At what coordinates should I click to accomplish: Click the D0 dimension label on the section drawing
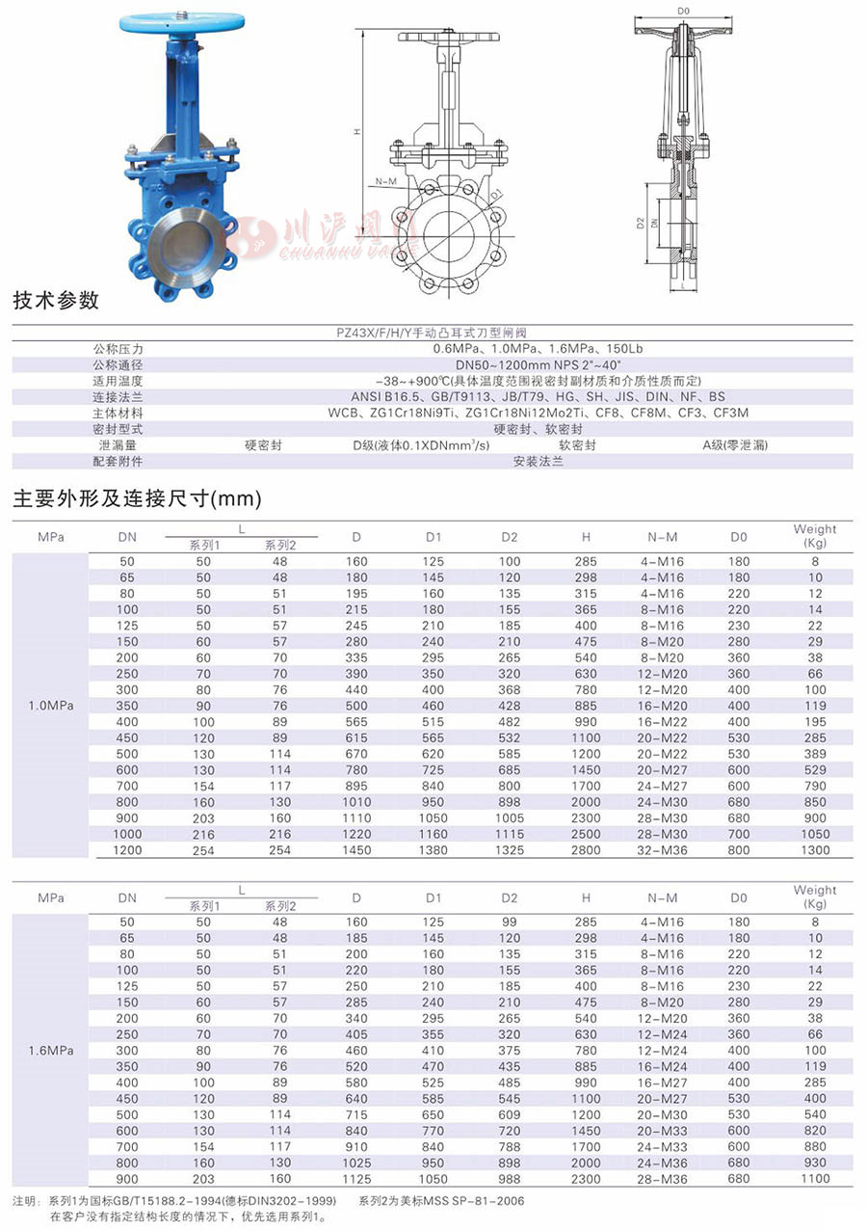click(684, 11)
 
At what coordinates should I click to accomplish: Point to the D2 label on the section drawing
click(640, 224)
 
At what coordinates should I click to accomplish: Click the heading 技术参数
click(56, 301)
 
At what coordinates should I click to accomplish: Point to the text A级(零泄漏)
click(735, 445)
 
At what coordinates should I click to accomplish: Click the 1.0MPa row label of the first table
click(51, 706)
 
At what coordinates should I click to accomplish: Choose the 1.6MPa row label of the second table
click(51, 1050)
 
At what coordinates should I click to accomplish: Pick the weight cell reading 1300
click(815, 850)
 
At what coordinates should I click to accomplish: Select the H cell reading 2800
click(586, 850)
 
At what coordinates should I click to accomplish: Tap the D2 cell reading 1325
click(510, 850)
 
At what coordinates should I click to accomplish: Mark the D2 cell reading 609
click(510, 1114)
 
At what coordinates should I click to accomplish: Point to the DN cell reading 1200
click(127, 850)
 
